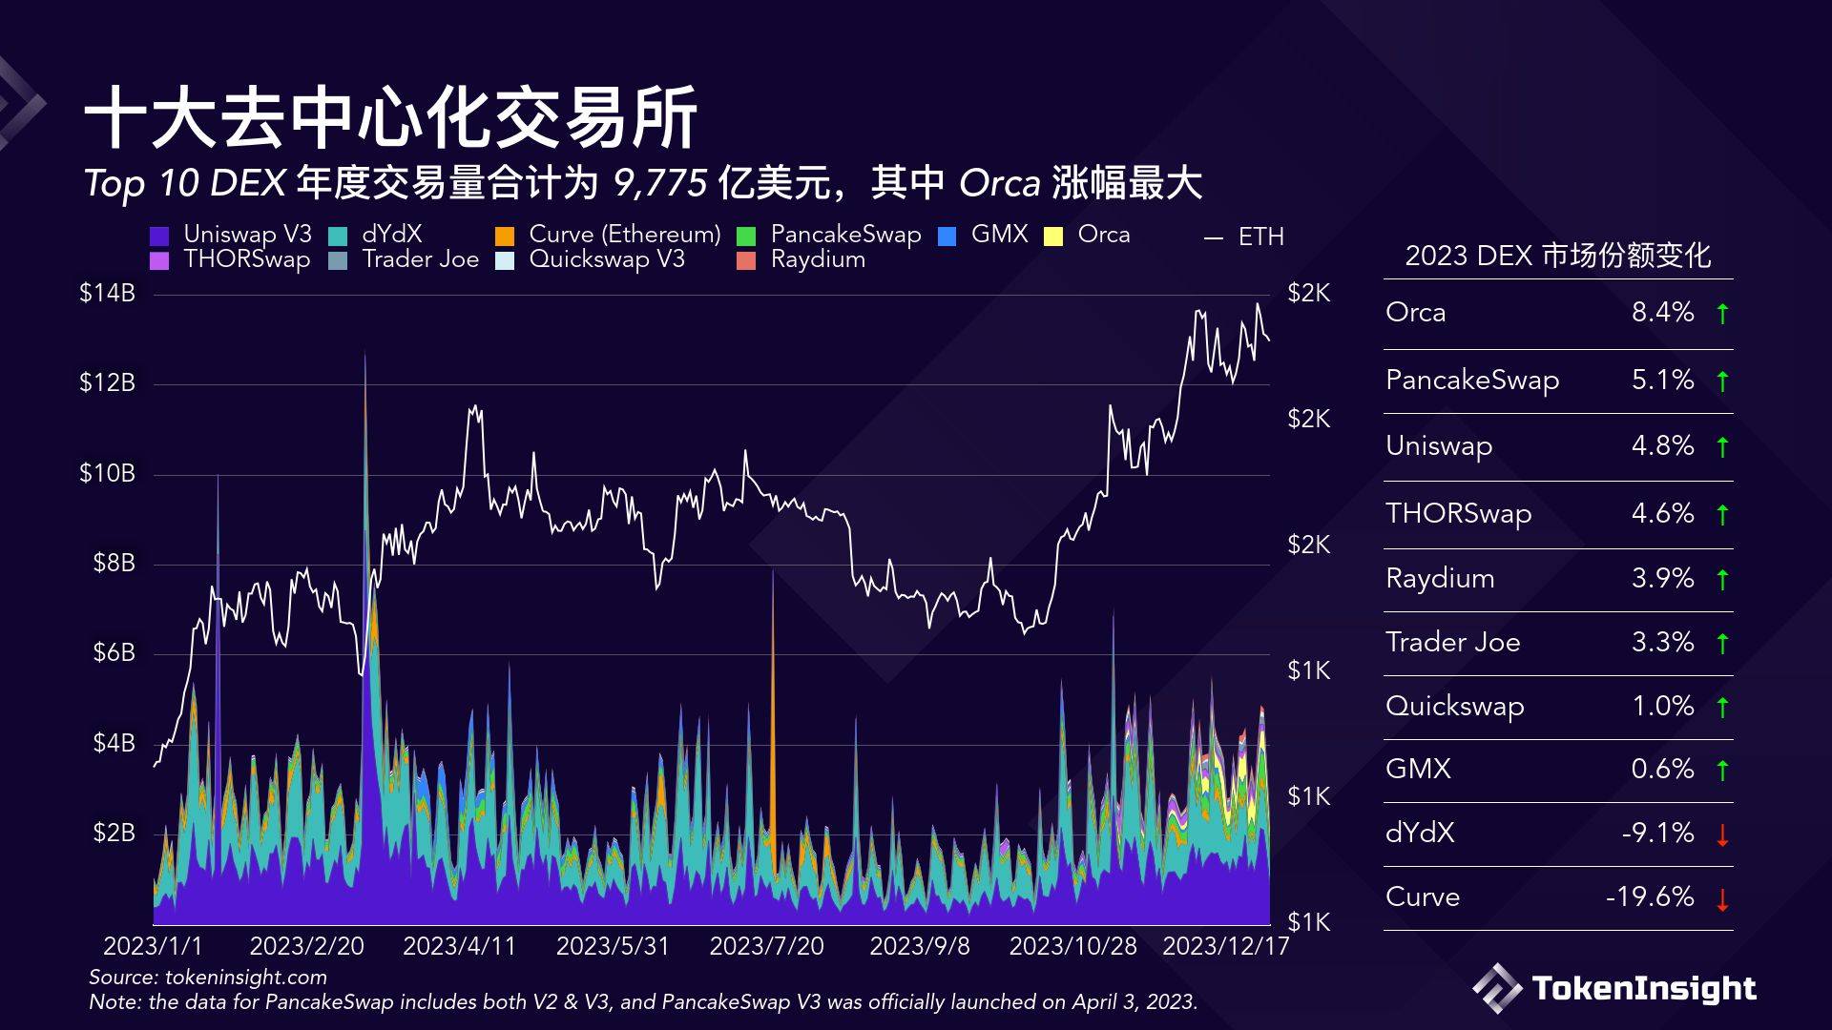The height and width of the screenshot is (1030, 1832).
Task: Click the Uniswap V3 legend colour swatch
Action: (159, 236)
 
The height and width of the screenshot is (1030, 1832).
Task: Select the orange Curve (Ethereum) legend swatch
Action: (505, 236)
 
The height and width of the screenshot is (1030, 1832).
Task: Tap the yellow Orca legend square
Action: (1053, 236)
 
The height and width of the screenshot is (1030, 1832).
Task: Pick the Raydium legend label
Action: (818, 259)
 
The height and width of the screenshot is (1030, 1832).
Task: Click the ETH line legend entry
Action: (1245, 237)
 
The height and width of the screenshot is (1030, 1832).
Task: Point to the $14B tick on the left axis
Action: (107, 293)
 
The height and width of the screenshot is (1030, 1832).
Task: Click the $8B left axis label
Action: (114, 563)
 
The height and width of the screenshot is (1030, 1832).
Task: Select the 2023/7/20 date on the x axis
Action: (766, 946)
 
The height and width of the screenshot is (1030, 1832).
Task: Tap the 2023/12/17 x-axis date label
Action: (1225, 946)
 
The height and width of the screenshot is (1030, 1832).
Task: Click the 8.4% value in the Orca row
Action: (1662, 312)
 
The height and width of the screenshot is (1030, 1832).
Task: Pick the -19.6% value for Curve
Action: (1649, 896)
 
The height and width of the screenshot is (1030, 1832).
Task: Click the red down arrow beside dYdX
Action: (1722, 835)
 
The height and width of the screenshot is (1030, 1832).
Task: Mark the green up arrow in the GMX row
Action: (1722, 770)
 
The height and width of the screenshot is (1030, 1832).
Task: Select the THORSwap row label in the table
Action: (1458, 513)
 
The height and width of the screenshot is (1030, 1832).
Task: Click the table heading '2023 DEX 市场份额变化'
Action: (1557, 256)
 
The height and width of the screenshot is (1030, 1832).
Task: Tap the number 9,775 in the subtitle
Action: (659, 182)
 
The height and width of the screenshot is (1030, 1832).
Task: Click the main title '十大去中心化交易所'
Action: (391, 118)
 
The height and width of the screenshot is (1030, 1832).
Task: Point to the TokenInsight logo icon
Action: (1496, 989)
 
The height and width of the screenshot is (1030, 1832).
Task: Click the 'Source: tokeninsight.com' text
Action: (208, 977)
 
